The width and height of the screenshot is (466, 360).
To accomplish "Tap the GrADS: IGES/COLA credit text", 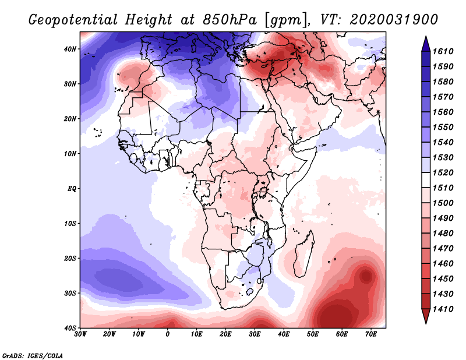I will [x=33, y=355].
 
